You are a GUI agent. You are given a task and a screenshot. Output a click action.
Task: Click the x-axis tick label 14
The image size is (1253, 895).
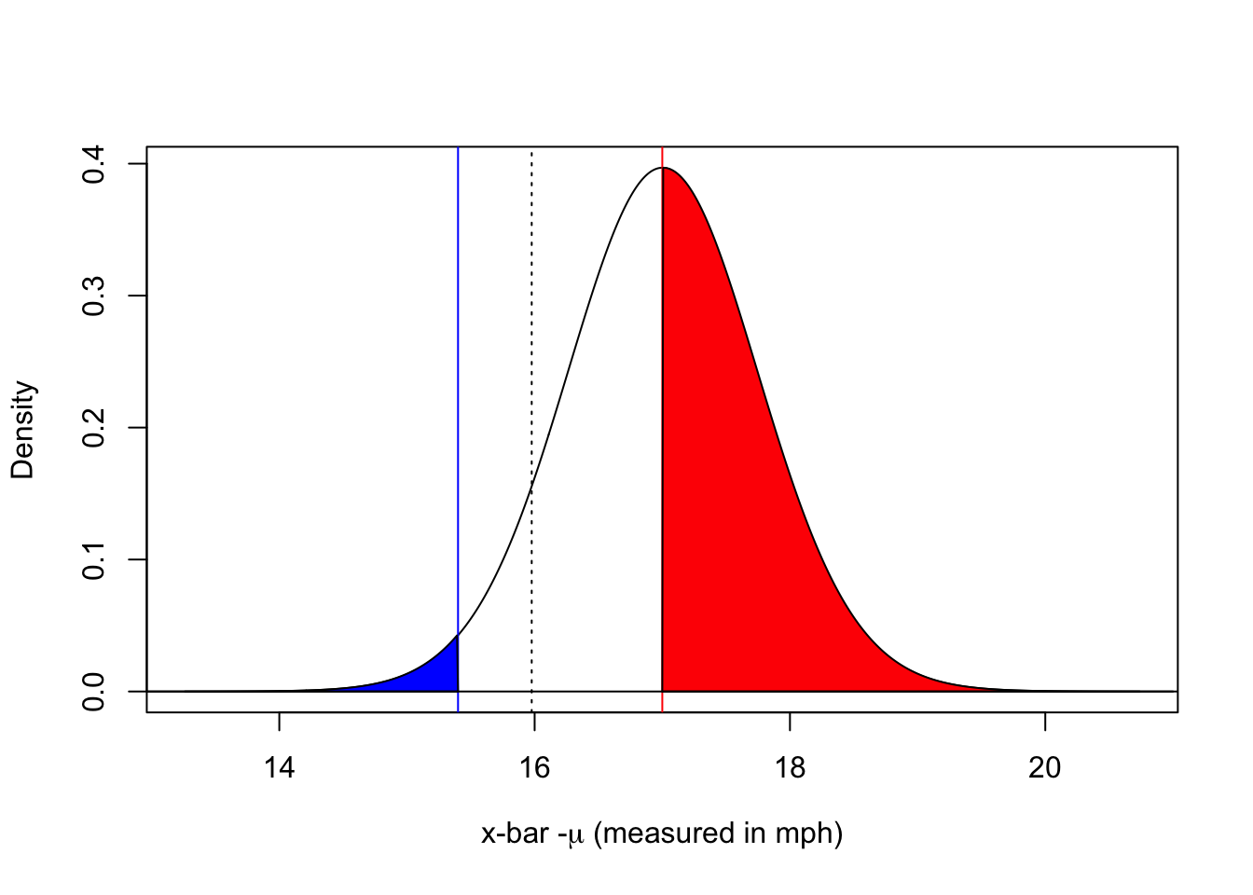[x=279, y=768]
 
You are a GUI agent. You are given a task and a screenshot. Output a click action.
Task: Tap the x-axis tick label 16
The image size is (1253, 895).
[x=534, y=768]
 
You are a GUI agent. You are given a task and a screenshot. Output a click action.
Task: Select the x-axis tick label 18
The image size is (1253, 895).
[x=790, y=768]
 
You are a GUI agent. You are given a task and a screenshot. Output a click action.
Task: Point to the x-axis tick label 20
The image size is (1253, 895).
[x=1045, y=768]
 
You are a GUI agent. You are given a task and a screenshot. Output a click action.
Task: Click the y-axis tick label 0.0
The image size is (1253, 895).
[x=94, y=691]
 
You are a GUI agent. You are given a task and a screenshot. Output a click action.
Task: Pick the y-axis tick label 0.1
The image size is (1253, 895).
[x=94, y=559]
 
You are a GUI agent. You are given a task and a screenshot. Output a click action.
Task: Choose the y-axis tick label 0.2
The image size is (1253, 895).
[x=94, y=427]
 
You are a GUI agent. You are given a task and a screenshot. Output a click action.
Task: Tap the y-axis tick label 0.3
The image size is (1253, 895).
[x=94, y=296]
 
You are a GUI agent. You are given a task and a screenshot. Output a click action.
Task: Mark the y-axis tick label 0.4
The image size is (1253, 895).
[x=94, y=164]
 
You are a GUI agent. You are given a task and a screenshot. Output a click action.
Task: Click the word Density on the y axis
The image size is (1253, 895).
[x=23, y=430]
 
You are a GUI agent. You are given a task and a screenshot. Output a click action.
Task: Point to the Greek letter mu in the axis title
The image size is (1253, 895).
[x=576, y=834]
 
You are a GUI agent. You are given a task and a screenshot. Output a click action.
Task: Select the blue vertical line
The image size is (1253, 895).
[x=458, y=373]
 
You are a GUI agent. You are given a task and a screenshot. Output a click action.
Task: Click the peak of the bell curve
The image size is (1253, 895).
[x=662, y=169]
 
